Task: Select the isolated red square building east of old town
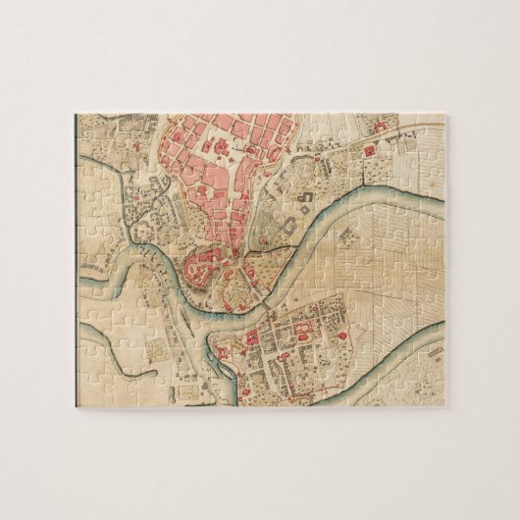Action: [369, 152]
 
